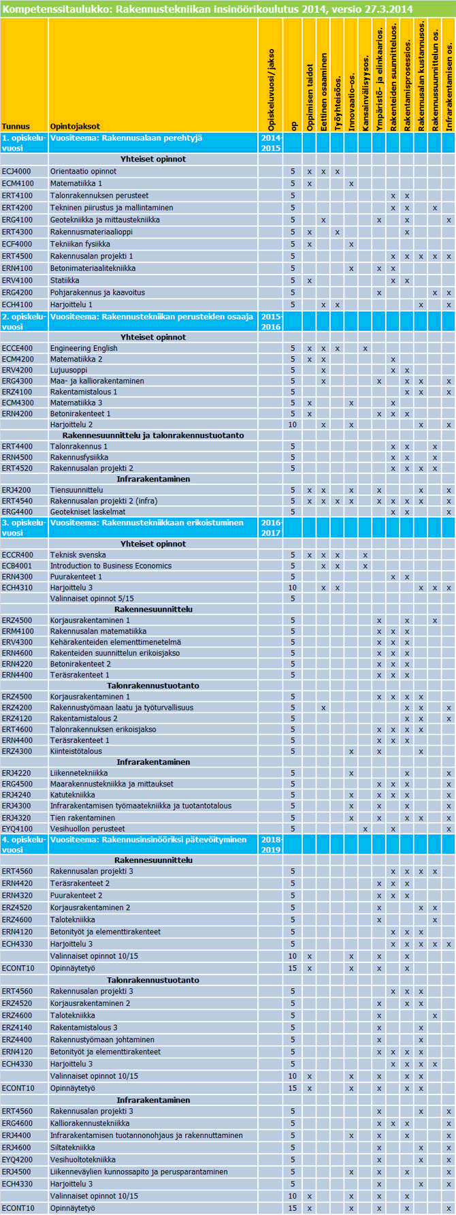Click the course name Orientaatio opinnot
[83, 172]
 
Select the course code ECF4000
[17, 244]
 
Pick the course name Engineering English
[84, 349]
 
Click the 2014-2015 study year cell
[271, 143]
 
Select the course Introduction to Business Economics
[111, 566]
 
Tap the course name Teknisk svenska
[78, 555]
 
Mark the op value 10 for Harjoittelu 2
[293, 425]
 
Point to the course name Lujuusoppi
[68, 370]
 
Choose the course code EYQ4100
[17, 829]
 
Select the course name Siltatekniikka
[73, 1148]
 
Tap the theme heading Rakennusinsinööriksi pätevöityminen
[148, 840]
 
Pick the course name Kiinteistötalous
[76, 751]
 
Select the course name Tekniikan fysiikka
[80, 244]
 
